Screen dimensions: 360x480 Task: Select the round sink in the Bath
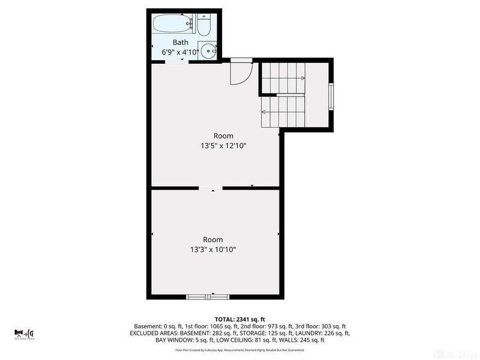207,51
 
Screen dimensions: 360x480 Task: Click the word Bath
180,42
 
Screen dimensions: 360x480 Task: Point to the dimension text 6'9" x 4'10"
180,52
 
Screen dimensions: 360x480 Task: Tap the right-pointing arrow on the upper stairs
302,78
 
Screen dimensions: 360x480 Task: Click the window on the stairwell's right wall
331,97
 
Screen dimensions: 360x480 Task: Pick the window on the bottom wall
207,296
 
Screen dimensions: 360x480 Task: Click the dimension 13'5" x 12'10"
223,146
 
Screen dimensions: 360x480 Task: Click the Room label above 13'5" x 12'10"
223,136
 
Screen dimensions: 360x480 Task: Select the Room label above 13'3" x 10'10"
212,239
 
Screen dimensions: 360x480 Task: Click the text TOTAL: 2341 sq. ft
240,319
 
